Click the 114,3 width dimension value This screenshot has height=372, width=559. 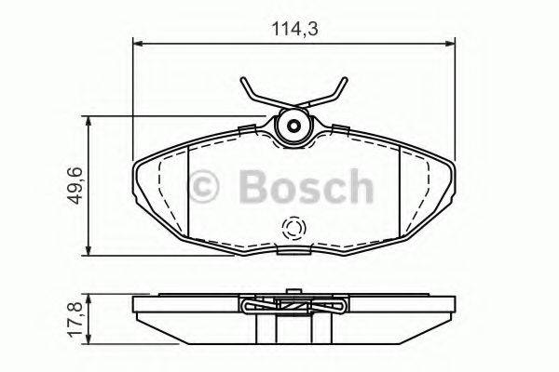click(x=294, y=29)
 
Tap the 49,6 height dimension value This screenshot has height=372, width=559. click(x=75, y=185)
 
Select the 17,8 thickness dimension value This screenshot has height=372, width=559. click(x=75, y=319)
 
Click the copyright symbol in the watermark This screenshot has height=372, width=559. click(x=203, y=186)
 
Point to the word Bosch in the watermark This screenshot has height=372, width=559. click(x=307, y=186)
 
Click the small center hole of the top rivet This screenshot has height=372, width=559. click(x=293, y=126)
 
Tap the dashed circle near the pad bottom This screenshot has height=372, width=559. click(x=293, y=228)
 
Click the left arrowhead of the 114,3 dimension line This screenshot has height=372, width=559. click(x=137, y=44)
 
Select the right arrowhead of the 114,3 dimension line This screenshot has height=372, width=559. click(x=450, y=44)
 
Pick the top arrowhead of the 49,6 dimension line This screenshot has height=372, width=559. click(x=89, y=121)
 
